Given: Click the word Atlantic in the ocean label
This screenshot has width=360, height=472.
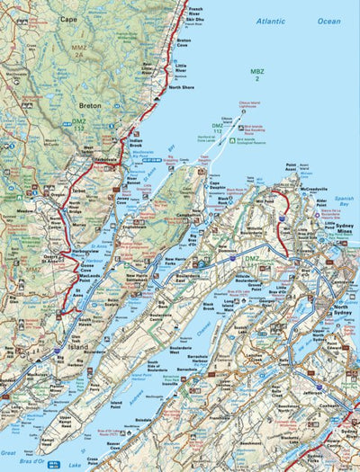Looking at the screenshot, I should [271, 20].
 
